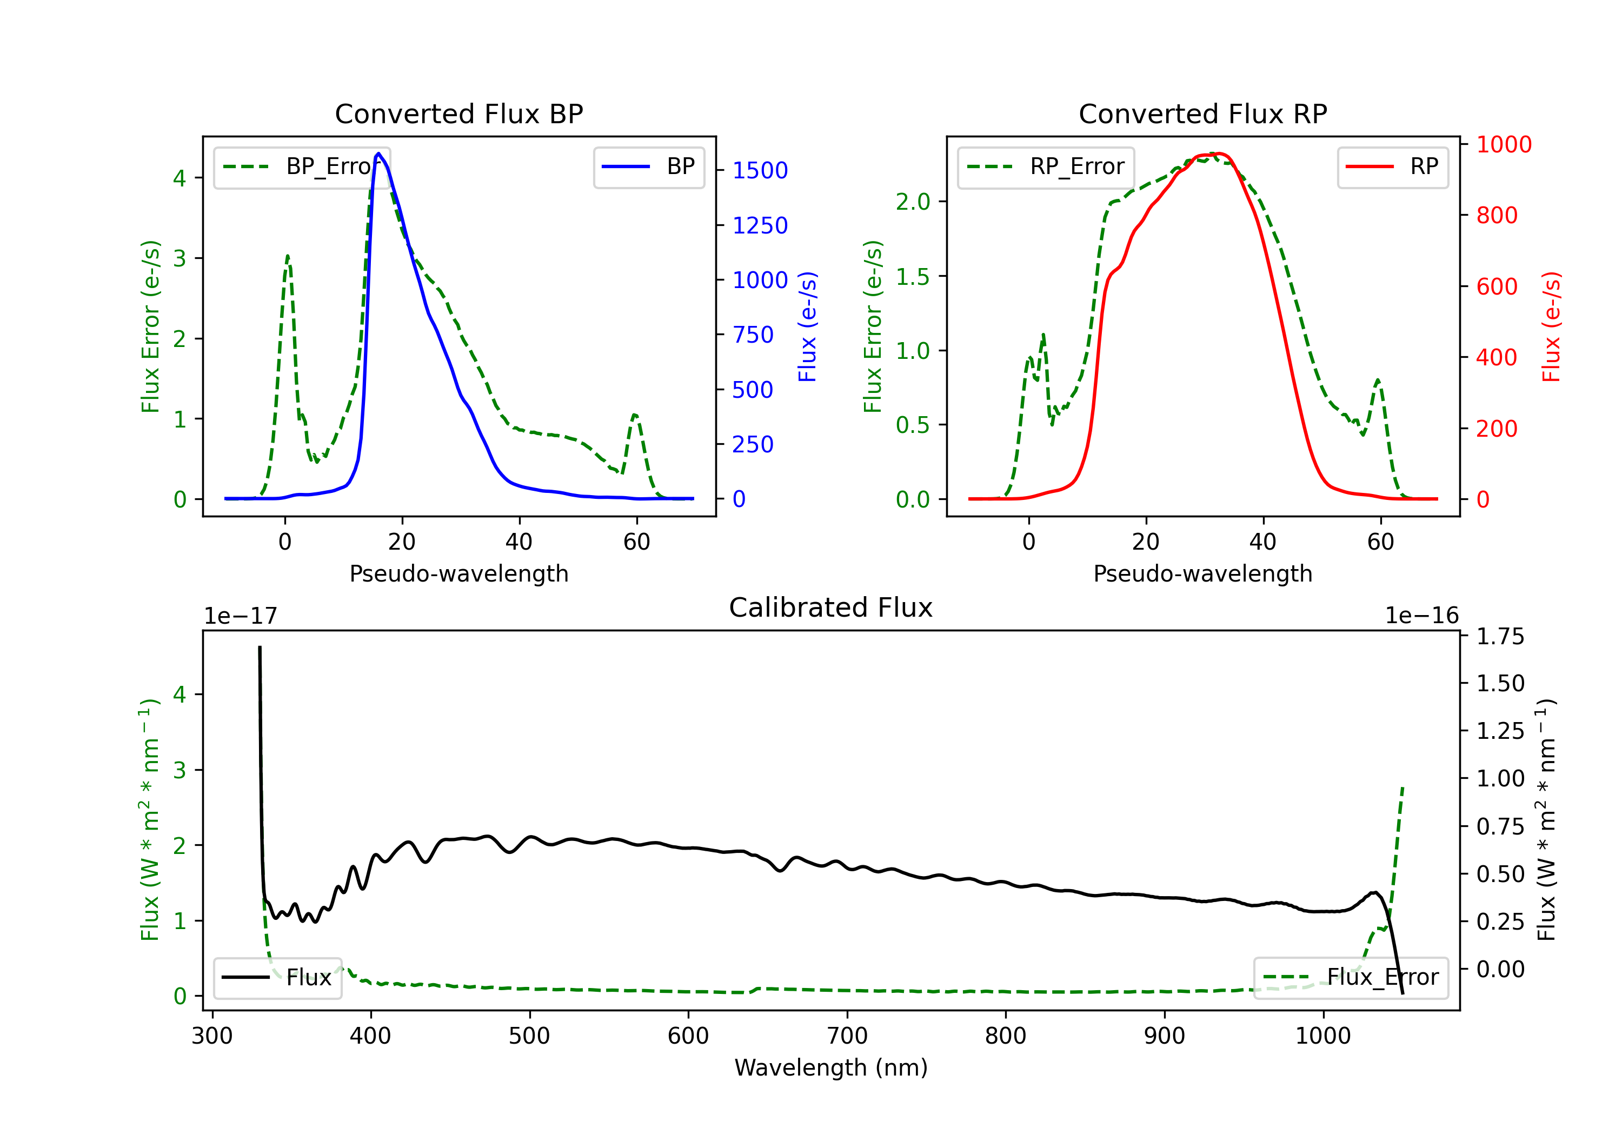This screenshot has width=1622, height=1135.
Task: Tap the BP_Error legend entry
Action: click(x=302, y=166)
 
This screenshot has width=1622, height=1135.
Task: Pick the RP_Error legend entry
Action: click(x=1046, y=166)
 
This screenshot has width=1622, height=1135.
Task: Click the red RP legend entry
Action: click(x=1392, y=166)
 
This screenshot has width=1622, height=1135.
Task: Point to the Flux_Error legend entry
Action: click(x=1351, y=978)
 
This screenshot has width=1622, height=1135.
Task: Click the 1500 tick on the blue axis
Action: click(x=760, y=170)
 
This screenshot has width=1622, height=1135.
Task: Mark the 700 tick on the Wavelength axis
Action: click(x=847, y=1036)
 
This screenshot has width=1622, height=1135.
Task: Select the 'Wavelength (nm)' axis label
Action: click(x=831, y=1068)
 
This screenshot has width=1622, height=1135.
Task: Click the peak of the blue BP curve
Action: click(x=378, y=153)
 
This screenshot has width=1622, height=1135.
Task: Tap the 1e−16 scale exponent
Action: click(x=1421, y=617)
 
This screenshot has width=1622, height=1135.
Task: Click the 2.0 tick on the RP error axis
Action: click(x=913, y=202)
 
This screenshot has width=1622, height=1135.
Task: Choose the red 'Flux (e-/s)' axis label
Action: click(x=1551, y=327)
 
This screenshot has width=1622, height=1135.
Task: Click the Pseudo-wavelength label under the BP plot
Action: click(x=458, y=573)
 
